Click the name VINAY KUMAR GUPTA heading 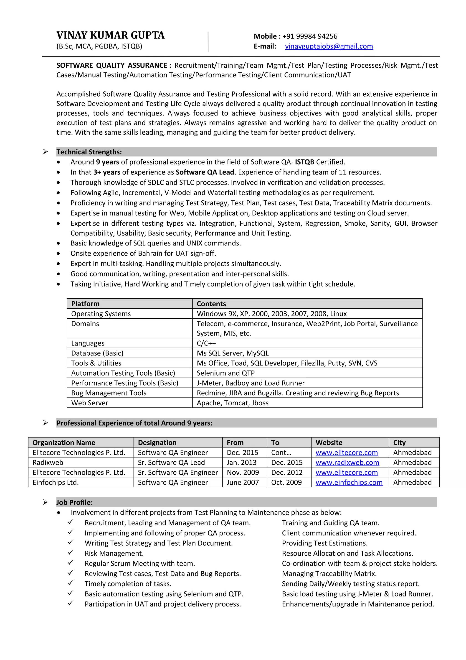[110, 35]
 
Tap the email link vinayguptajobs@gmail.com [329, 46]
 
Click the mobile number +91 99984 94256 [310, 36]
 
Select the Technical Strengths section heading [89, 152]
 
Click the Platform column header [85, 304]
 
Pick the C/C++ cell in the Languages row [206, 343]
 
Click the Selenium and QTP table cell [226, 373]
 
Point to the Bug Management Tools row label [109, 393]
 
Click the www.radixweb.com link [347, 463]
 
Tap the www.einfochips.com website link [349, 482]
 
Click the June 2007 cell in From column [242, 482]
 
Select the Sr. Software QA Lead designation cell [171, 463]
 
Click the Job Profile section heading [75, 502]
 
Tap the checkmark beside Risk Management [71, 553]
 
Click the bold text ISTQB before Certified [304, 162]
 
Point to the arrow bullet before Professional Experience [45, 423]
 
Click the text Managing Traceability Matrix [329, 573]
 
